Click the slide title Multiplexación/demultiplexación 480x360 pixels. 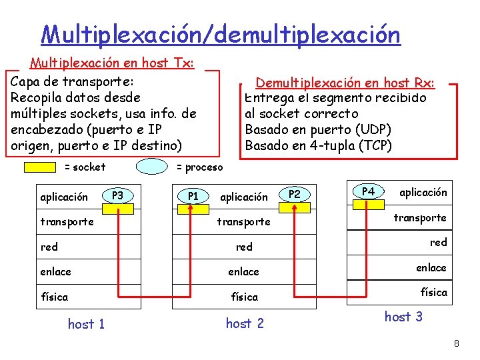coord(220,34)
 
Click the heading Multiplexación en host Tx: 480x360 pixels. coord(112,63)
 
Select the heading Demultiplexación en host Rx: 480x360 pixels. coord(345,83)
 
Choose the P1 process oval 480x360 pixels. coord(193,196)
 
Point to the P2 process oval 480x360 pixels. coord(295,195)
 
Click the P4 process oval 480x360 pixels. coord(368,192)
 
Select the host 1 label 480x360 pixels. coord(86,324)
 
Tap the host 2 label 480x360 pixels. coord(245,323)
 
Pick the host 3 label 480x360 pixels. coord(403,317)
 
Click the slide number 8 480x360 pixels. coord(456,344)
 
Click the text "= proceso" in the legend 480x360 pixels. coord(199,167)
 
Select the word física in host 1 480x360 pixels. coord(54,296)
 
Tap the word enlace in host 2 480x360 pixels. coord(243,271)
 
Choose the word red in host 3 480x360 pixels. coord(438,242)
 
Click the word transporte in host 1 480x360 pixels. coord(67,221)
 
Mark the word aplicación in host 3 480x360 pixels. coord(423,192)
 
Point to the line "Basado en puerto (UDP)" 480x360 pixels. coord(318,129)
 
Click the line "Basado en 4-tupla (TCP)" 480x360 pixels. coord(319,145)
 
